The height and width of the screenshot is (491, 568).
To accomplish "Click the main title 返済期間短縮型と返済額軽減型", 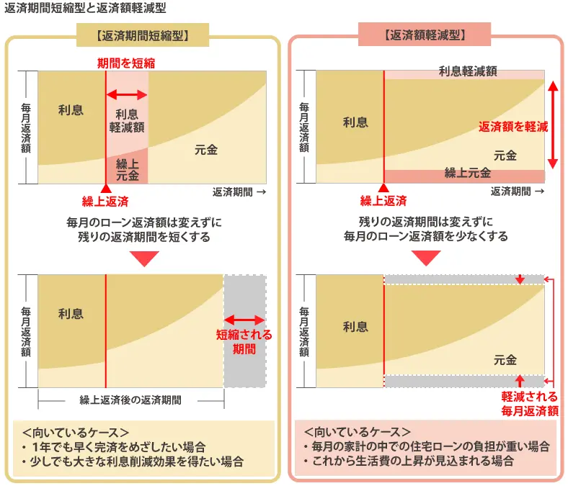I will pos(85,9).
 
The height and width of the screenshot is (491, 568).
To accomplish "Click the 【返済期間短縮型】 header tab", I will pos(143,34).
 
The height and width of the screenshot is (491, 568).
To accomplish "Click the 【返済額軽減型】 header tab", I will pos(425,34).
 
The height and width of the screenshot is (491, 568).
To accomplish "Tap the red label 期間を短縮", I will pos(126,63).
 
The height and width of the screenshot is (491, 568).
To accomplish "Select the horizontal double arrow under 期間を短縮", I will pos(127,95).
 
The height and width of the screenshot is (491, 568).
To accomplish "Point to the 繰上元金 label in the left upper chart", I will pos(127,169).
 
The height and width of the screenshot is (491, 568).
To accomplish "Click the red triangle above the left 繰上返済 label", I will pos(106,188).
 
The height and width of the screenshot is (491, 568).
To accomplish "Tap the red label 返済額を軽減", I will pos(513,127).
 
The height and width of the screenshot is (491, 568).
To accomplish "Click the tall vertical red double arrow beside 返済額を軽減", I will pos(552,124).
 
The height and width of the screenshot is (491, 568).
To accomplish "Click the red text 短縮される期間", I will pos(244,342).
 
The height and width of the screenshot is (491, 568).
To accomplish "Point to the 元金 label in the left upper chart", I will pos(205,150).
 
